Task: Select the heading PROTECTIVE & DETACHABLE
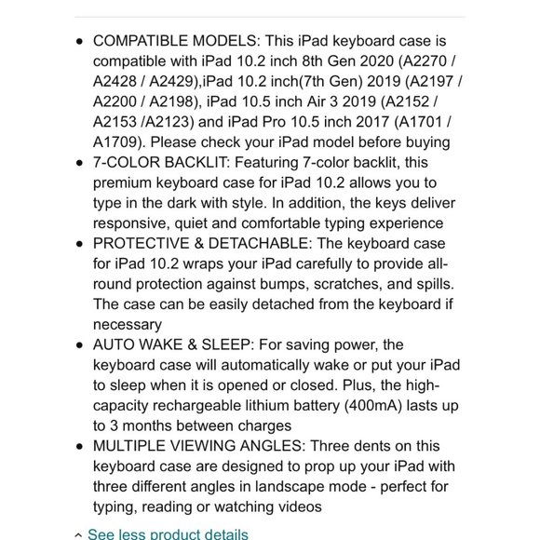[x=197, y=243]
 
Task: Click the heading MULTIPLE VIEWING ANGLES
[x=198, y=446]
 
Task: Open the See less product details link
[x=168, y=534]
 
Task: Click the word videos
[x=297, y=506]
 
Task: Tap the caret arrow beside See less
[x=78, y=535]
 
